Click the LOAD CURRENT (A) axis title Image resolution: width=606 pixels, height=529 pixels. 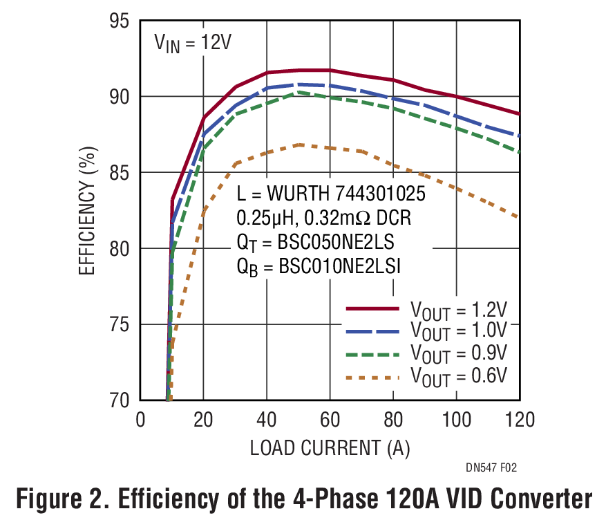click(330, 448)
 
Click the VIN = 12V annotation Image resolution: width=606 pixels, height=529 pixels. click(192, 43)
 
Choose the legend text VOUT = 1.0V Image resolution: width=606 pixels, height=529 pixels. click(460, 331)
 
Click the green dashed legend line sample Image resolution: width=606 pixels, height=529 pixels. click(372, 355)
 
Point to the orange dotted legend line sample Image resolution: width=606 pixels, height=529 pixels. click(372, 378)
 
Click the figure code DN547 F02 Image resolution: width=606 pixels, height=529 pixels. click(491, 469)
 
